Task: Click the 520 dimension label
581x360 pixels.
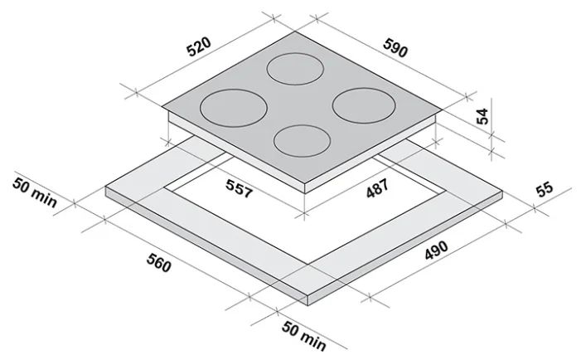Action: tap(199, 46)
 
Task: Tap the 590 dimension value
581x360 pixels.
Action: tap(395, 48)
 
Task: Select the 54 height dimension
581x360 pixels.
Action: tap(482, 116)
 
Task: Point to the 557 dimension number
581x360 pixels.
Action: tap(240, 188)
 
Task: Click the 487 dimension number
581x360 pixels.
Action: tap(377, 188)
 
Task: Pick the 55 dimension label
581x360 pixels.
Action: tap(544, 189)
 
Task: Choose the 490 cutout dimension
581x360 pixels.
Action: tap(436, 251)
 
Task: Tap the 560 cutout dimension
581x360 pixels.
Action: tap(159, 262)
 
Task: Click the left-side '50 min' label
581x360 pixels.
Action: tap(35, 192)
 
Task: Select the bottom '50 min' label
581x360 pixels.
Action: tap(304, 336)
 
